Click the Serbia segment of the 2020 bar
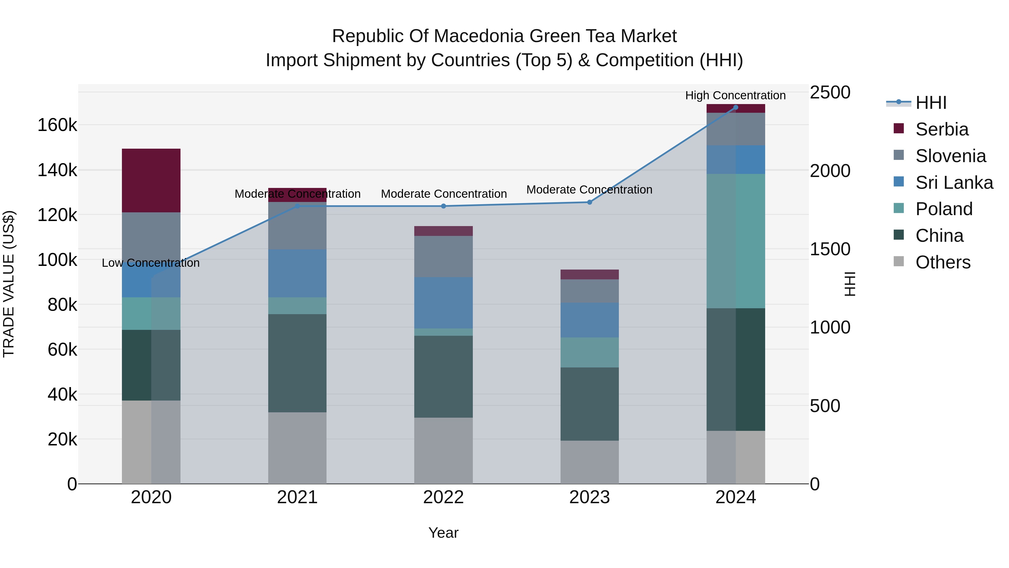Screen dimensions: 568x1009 coord(151,180)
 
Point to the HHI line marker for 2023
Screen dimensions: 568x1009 coord(589,202)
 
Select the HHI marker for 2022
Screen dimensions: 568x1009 coord(443,206)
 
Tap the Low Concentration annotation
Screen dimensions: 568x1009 coord(151,263)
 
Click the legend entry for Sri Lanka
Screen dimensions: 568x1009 coord(954,183)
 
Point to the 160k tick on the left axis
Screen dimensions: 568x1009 coord(57,125)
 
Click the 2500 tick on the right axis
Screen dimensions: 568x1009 coord(830,93)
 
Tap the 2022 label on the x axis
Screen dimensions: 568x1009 coord(443,497)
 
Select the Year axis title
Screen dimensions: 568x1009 coord(443,533)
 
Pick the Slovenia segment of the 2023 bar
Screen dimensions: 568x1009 coord(589,291)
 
